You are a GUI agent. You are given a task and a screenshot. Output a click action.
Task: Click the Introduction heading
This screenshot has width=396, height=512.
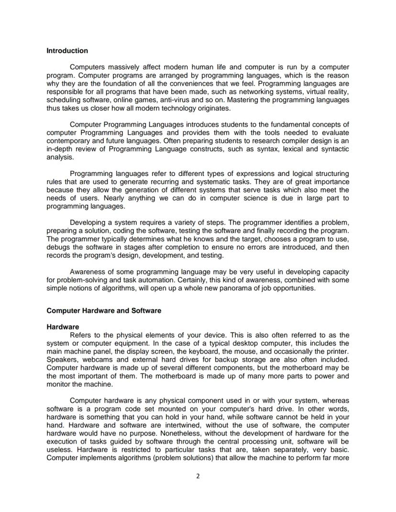pos(67,51)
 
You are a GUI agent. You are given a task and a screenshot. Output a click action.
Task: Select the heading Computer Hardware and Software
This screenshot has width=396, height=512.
pos(104,311)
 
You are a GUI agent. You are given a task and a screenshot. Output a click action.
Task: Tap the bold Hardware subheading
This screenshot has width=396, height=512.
pos(63,327)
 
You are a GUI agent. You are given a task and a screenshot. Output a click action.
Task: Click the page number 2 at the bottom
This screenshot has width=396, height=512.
pos(198,476)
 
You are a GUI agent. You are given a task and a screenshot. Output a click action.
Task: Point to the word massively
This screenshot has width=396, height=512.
pos(121,67)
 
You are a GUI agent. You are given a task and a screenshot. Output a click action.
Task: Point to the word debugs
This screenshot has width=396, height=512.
pos(57,247)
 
